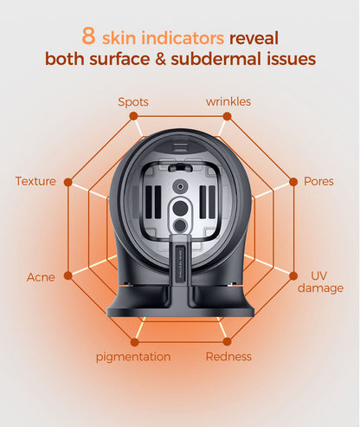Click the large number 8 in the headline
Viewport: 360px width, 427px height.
pyautogui.click(x=88, y=36)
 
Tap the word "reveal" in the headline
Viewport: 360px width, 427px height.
pyautogui.click(x=254, y=38)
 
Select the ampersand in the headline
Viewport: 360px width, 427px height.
pyautogui.click(x=160, y=59)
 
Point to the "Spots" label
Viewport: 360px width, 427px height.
pyautogui.click(x=133, y=102)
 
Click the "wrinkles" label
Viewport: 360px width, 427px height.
pyautogui.click(x=228, y=101)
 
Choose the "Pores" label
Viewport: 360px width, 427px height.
pyautogui.click(x=318, y=181)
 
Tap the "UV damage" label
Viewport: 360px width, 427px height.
pyautogui.click(x=320, y=281)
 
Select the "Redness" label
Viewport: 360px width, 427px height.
pyautogui.click(x=228, y=357)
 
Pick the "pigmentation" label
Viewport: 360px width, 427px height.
pyautogui.click(x=133, y=357)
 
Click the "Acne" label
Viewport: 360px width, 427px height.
pyautogui.click(x=41, y=277)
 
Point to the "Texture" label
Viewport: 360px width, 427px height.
pyautogui.click(x=35, y=181)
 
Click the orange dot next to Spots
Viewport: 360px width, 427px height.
pyautogui.click(x=133, y=116)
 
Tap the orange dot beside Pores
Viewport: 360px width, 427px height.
pyautogui.click(x=293, y=182)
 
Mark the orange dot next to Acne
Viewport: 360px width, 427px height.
pyautogui.click(x=68, y=275)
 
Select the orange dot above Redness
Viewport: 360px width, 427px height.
pyautogui.click(x=228, y=341)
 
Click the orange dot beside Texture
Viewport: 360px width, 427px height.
pyautogui.click(x=68, y=182)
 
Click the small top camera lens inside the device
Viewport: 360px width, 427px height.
pyautogui.click(x=180, y=187)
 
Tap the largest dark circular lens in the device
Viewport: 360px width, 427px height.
pyautogui.click(x=180, y=209)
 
